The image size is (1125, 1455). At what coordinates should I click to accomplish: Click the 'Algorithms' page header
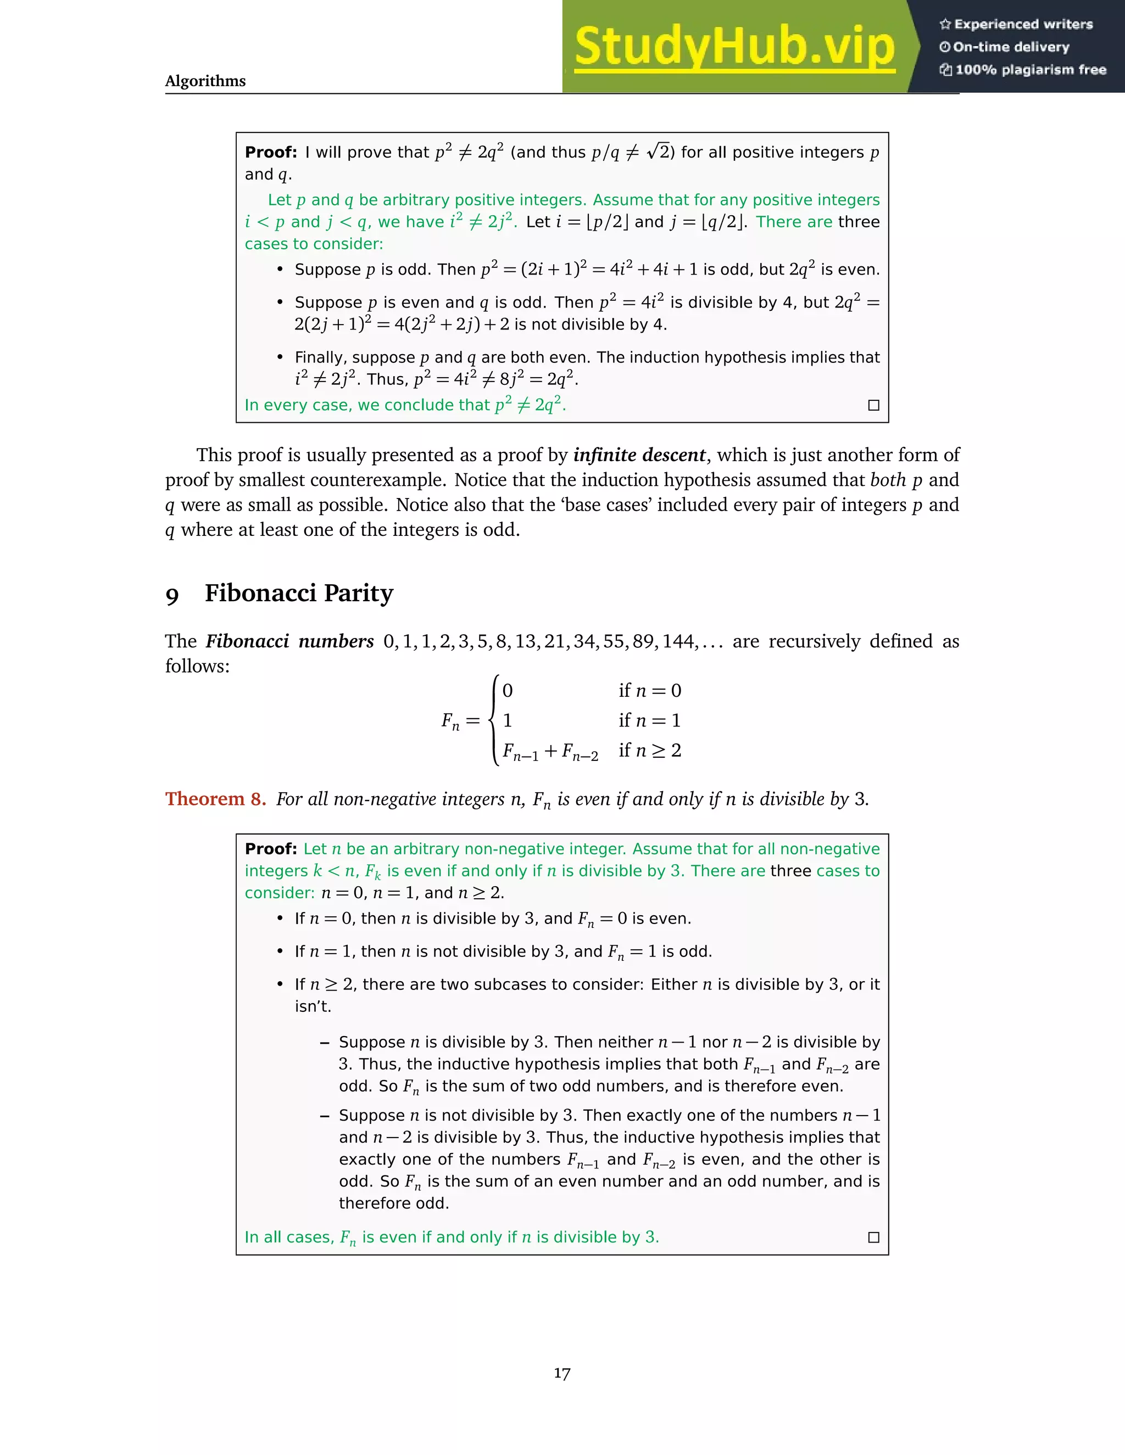pyautogui.click(x=205, y=81)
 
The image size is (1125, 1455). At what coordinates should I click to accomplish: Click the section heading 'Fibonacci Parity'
pyautogui.click(x=299, y=593)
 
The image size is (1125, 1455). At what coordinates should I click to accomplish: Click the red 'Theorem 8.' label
pyautogui.click(x=215, y=799)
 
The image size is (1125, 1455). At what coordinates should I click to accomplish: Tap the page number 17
pyautogui.click(x=562, y=1373)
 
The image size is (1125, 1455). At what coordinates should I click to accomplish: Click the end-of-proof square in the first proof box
pyautogui.click(x=874, y=405)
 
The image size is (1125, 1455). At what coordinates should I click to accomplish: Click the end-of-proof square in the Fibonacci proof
pyautogui.click(x=874, y=1237)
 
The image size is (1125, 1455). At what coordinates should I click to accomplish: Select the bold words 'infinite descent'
pyautogui.click(x=639, y=455)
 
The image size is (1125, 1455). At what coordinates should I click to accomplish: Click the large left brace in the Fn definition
pyautogui.click(x=494, y=720)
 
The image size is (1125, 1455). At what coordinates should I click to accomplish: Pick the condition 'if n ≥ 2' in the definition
pyautogui.click(x=649, y=751)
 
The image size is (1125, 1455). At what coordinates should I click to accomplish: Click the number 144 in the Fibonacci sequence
pyautogui.click(x=678, y=641)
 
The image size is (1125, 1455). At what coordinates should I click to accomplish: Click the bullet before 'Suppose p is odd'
pyautogui.click(x=280, y=270)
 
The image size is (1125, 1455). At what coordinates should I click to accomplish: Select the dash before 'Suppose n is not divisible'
pyautogui.click(x=325, y=1116)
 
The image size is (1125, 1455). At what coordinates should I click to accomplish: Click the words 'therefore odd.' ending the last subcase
pyautogui.click(x=394, y=1203)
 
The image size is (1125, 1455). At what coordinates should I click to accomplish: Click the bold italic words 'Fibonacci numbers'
pyautogui.click(x=289, y=641)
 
